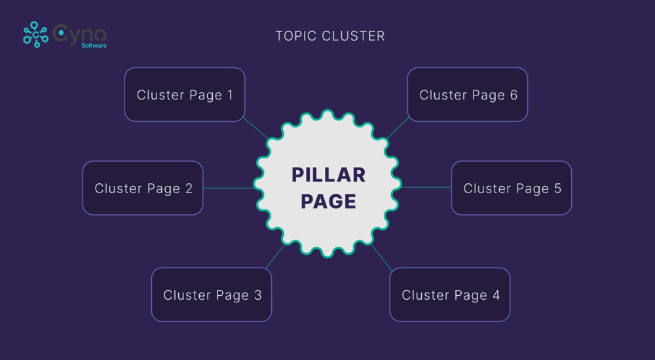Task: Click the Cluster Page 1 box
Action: [184, 94]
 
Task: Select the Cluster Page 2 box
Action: [143, 188]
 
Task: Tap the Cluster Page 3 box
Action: [212, 295]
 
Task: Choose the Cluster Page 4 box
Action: [449, 295]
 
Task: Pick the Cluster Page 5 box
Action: [512, 188]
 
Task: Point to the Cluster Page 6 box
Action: [467, 94]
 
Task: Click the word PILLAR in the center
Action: [328, 175]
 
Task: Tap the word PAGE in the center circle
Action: [328, 201]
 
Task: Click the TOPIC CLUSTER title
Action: [330, 36]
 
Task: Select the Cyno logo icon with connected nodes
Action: [35, 35]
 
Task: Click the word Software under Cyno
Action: [94, 46]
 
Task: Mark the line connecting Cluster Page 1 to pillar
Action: [256, 128]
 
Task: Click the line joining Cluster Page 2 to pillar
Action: [228, 188]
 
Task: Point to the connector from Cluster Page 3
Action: [274, 256]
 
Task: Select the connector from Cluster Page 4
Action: [382, 257]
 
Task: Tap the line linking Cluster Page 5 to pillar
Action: [426, 187]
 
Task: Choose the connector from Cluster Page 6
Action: [398, 129]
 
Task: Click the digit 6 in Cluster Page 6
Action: [513, 95]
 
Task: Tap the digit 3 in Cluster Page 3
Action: [257, 295]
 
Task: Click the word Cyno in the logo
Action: [80, 33]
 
